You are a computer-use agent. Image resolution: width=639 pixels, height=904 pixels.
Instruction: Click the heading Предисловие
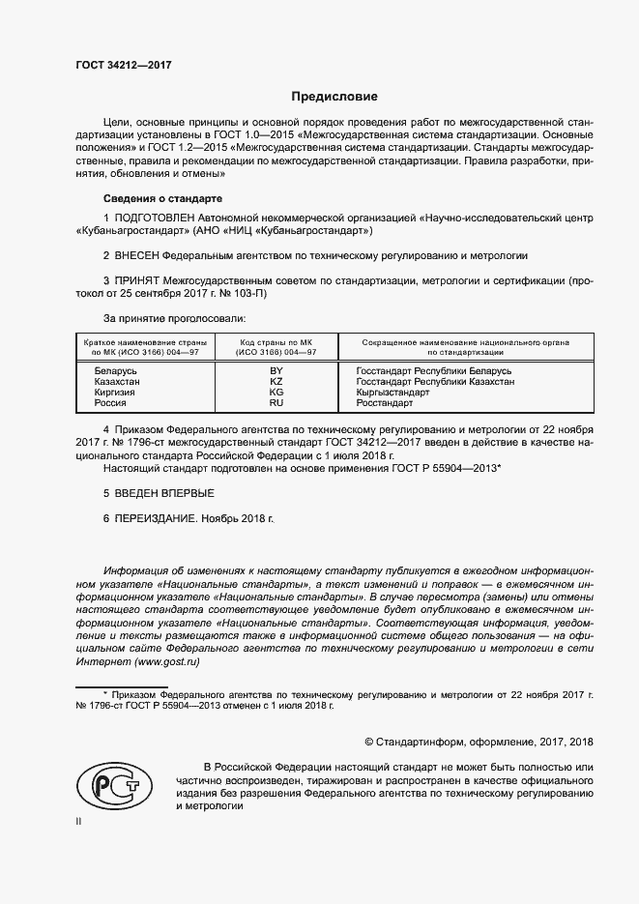[x=335, y=97]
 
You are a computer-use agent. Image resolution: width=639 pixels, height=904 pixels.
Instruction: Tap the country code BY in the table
[x=276, y=370]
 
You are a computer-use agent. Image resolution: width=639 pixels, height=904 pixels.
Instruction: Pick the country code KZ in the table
[x=276, y=382]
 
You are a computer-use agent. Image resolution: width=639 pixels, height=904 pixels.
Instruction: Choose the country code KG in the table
[x=276, y=393]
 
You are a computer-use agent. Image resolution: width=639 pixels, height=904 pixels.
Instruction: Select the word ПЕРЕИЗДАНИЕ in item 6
[x=157, y=518]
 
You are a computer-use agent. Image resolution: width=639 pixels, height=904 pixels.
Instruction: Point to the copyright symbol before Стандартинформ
[x=369, y=742]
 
